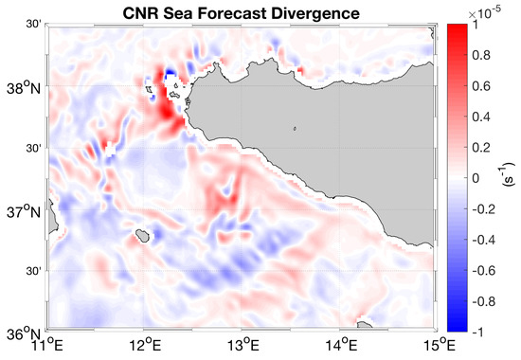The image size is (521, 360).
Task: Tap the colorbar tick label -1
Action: click(x=478, y=331)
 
